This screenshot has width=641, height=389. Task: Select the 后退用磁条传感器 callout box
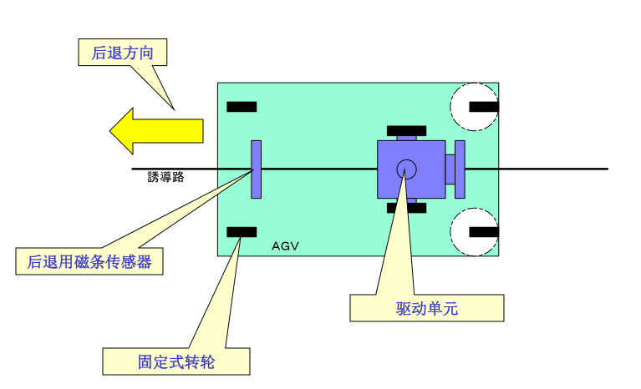point(89,261)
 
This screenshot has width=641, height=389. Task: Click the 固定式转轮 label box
point(176,361)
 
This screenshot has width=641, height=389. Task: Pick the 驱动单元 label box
point(426,308)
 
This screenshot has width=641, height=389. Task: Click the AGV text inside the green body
point(285,246)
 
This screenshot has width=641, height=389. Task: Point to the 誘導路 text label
point(165,177)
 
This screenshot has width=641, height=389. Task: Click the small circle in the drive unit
point(406,169)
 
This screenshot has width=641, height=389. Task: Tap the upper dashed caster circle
point(474,106)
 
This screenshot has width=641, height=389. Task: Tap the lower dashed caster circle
point(474,231)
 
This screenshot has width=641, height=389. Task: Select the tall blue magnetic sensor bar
point(257,169)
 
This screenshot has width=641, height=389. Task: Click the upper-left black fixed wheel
point(242,107)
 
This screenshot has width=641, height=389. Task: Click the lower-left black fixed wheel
point(242,231)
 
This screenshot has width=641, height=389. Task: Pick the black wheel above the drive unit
point(406,131)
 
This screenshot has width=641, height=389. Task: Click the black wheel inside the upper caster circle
point(484,106)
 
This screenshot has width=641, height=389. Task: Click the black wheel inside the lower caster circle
point(484,231)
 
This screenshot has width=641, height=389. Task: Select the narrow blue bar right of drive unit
point(459,169)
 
